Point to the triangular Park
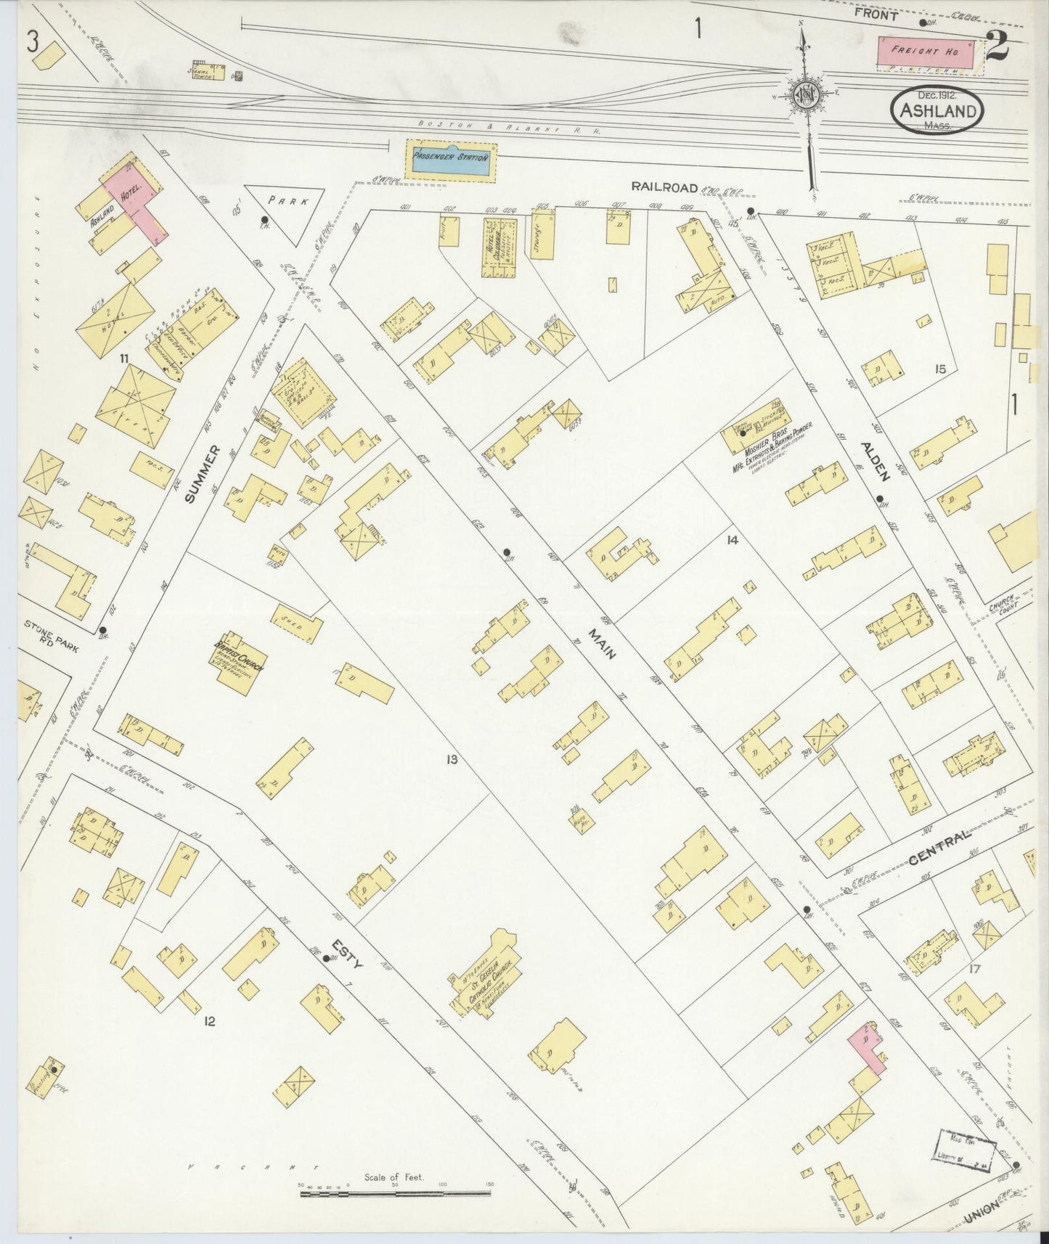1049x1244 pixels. pos(279,207)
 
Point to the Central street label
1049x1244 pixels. pos(941,846)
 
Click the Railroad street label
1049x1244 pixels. pos(664,187)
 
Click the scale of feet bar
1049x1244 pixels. pos(396,1187)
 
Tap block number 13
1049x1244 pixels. pos(452,760)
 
